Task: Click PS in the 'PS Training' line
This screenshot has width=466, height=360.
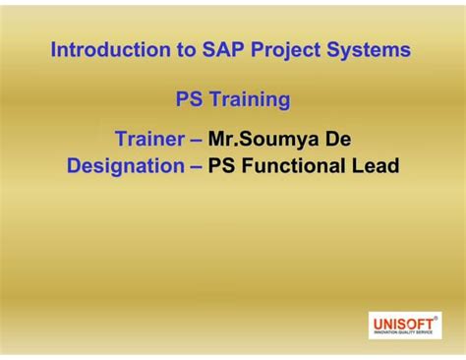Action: pyautogui.click(x=189, y=99)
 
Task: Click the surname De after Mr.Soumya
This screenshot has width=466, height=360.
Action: pyautogui.click(x=339, y=138)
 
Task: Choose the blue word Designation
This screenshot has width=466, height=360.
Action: pyautogui.click(x=125, y=166)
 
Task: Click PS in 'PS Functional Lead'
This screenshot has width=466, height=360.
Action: pyautogui.click(x=222, y=166)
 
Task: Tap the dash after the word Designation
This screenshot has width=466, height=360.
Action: pyautogui.click(x=196, y=167)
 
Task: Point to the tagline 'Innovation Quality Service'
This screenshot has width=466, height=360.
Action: pyautogui.click(x=403, y=333)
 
